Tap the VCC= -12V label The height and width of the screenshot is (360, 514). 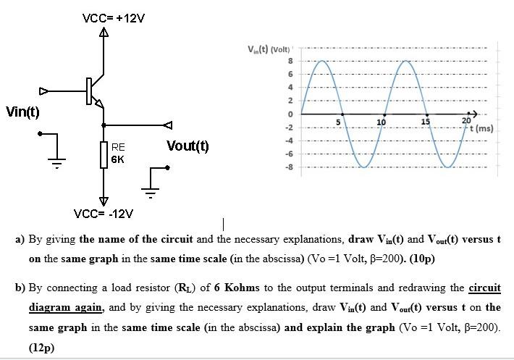104,214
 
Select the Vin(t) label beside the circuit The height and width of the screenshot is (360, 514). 22,112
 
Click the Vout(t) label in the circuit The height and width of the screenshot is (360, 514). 188,146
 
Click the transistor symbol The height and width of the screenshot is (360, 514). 93,91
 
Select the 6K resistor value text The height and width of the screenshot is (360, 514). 118,159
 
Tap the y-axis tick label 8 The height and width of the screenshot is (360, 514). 290,61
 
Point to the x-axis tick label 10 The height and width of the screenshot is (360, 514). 382,122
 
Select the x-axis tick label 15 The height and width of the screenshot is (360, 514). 426,122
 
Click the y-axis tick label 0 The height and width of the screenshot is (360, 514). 290,114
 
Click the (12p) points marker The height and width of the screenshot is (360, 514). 43,347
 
